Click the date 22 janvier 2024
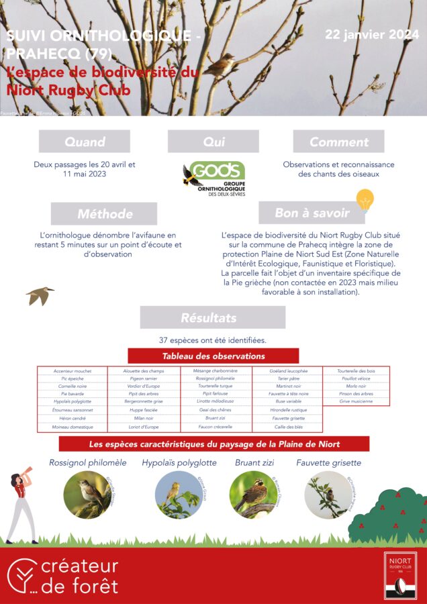[371, 34]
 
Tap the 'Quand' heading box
[85, 142]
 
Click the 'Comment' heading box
[338, 142]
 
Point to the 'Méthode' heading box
[104, 213]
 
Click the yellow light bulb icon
[364, 199]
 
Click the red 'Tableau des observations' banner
[213, 356]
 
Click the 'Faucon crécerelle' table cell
[215, 427]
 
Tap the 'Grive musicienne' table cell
[357, 401]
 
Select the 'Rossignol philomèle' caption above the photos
[87, 463]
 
